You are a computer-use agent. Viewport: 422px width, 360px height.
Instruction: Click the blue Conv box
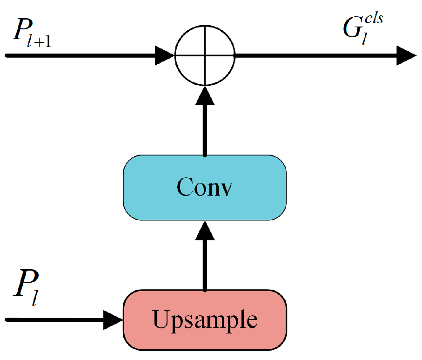point(205,187)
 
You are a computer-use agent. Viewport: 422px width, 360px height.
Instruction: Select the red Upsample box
point(205,320)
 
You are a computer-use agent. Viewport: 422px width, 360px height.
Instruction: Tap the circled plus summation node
point(205,55)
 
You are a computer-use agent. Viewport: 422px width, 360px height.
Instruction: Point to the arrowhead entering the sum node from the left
point(165,55)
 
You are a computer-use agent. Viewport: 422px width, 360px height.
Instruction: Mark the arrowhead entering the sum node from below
point(205,95)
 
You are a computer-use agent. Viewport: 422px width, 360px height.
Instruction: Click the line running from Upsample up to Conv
point(205,265)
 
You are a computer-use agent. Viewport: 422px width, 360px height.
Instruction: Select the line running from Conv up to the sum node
point(205,130)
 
